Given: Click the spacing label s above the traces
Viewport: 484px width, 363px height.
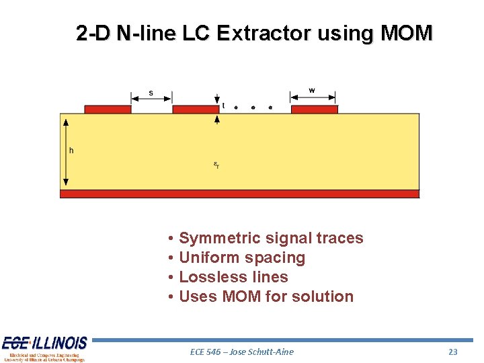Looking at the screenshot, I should coord(151,93).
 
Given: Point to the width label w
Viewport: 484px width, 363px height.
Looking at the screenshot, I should coord(312,90).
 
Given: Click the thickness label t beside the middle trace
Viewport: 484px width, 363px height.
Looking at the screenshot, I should coord(223,106).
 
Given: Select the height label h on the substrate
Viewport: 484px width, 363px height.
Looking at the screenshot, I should coord(72,150).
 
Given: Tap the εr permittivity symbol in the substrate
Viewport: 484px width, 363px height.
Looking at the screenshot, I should coord(216,165).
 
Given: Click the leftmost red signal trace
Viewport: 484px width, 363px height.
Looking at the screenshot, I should coord(108,109).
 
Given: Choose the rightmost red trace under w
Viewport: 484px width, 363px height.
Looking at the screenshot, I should coord(314,109).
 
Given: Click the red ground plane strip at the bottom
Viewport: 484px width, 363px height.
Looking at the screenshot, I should coord(239,194).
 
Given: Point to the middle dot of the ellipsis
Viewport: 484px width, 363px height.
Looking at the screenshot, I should coord(253,107).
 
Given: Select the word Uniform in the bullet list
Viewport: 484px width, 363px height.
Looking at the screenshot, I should coord(209,257).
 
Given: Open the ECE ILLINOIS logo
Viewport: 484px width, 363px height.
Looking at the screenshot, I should coord(44,348).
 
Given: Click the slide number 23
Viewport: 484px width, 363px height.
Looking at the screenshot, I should coord(452,352).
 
